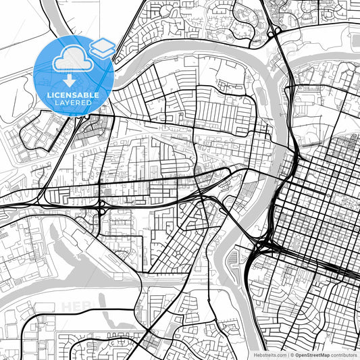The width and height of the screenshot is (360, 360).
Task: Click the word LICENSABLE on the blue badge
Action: pyautogui.click(x=74, y=95)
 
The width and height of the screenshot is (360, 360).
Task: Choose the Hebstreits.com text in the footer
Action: pyautogui.click(x=268, y=354)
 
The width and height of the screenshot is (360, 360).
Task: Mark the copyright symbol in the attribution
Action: pyautogui.click(x=292, y=354)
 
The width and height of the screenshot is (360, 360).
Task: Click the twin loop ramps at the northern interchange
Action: pyautogui.click(x=274, y=32)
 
